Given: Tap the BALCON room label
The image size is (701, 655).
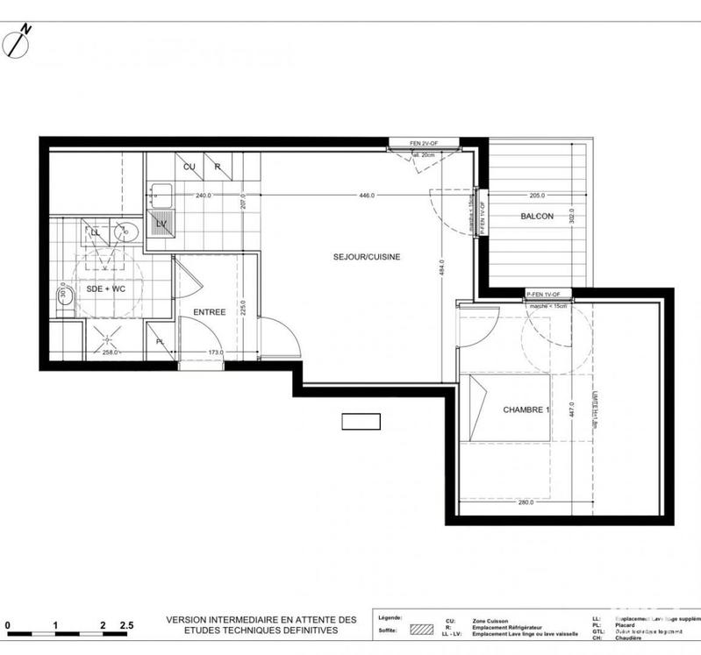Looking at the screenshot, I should [537, 217].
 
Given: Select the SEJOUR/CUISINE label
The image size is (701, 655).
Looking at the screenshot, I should [367, 257].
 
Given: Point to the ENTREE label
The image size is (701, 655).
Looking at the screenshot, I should [210, 311].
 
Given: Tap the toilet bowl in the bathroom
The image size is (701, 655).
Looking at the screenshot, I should [65, 299].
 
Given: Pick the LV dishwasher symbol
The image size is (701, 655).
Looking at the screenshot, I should [161, 224].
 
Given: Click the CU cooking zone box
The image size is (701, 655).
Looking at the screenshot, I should [189, 165].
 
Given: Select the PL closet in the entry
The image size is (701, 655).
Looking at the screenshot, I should [160, 341].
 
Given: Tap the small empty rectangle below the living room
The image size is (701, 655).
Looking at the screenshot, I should [361, 422].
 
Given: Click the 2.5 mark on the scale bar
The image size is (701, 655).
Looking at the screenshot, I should [128, 625].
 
